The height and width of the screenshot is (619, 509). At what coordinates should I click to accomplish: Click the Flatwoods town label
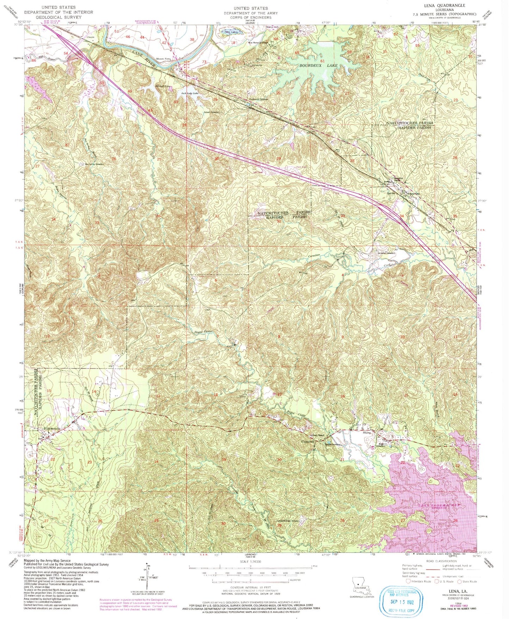(51, 428)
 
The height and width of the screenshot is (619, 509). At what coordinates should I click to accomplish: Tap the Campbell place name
(307, 442)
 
